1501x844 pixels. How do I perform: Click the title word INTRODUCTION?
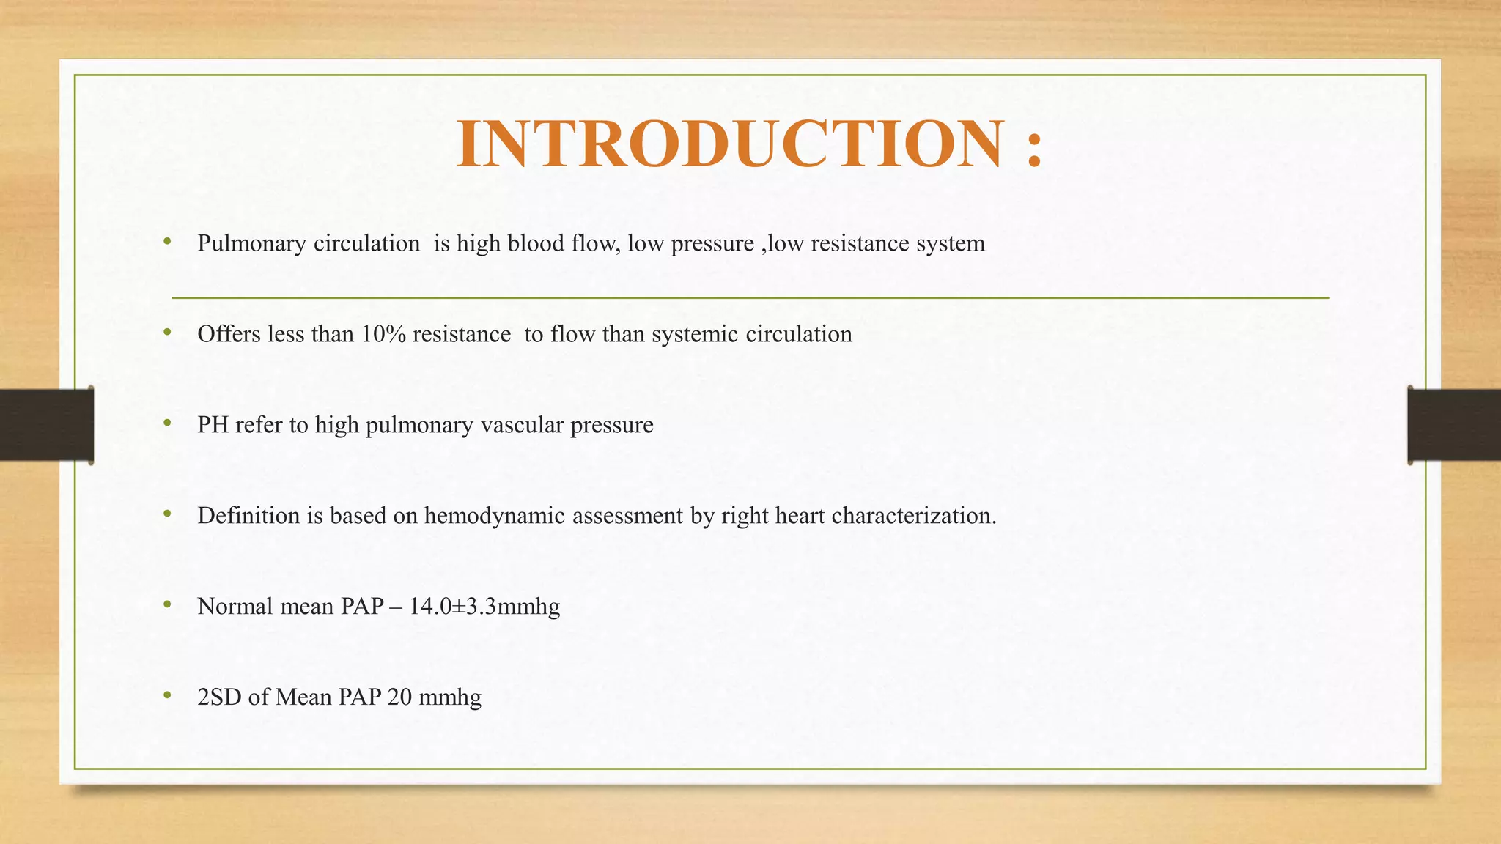point(729,144)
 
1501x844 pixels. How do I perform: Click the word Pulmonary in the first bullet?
point(251,244)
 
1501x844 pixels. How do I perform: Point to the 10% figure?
point(384,335)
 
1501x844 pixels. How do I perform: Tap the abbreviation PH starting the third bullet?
point(213,425)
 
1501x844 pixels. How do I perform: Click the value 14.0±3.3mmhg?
point(484,607)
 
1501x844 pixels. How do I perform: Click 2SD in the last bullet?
point(219,697)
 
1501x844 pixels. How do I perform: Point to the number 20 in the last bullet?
point(399,697)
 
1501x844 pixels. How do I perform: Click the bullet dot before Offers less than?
point(168,333)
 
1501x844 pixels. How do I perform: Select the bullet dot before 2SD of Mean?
point(168,695)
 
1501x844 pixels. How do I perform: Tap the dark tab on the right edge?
point(1454,425)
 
